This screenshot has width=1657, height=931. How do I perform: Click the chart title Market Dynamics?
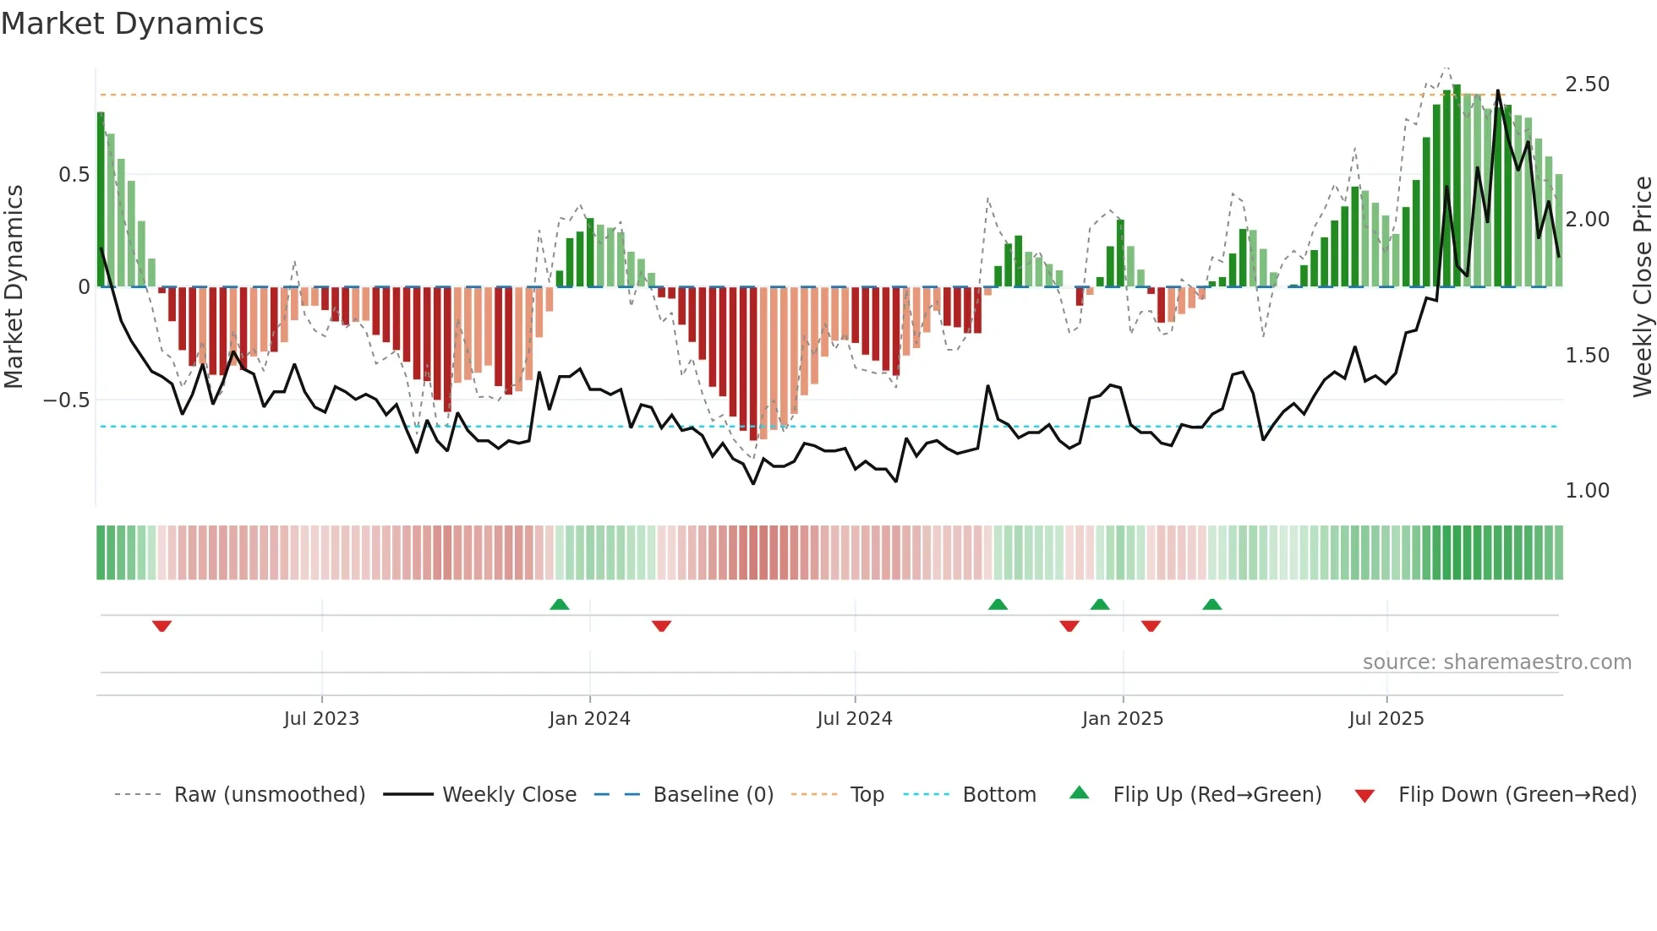coord(132,24)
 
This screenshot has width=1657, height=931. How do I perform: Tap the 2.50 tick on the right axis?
coord(1587,84)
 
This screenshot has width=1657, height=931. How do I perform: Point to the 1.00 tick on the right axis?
coord(1587,491)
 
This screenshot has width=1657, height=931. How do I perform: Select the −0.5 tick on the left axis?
coord(67,400)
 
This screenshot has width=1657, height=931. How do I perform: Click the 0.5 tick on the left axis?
coord(74,175)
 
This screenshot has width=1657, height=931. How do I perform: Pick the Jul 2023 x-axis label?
coord(321,719)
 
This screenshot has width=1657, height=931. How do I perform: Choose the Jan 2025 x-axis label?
coord(1122,719)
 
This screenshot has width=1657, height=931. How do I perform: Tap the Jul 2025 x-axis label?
coord(1386,719)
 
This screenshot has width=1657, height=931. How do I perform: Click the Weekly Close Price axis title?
coord(1642,287)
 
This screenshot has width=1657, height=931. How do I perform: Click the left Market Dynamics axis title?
coord(14,287)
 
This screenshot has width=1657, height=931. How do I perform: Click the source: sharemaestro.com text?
coord(1496,662)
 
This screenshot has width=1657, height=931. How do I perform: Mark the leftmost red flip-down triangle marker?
coord(161,626)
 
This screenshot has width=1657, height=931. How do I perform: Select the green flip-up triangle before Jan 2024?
coord(559,604)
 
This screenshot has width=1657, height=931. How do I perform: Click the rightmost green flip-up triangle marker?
coord(1211,604)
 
